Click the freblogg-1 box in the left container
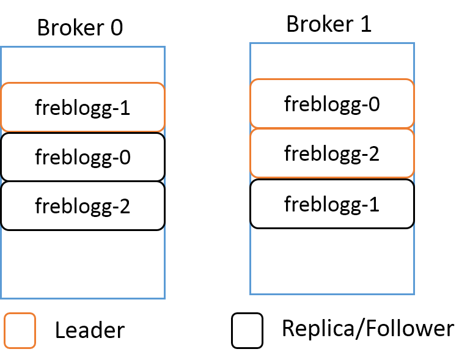[83, 108]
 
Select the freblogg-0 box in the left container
[83, 157]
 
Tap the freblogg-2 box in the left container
[83, 205]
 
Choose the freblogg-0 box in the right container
[332, 104]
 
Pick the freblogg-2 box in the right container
[332, 153]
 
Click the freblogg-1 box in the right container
[332, 204]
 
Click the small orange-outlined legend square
[20, 331]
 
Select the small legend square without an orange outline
[247, 331]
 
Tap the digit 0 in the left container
[125, 158]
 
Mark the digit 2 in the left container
[125, 206]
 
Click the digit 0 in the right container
[374, 105]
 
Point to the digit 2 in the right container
[374, 154]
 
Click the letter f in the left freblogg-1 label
[39, 108]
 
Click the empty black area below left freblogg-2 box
[83, 263]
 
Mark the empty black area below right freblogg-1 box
[332, 260]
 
